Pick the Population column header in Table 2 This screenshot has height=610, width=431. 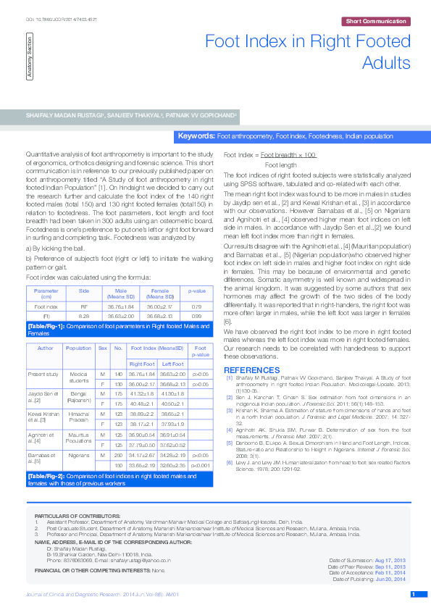(78, 348)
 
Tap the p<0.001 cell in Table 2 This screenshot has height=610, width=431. (200, 464)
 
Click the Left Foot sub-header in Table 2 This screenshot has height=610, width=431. (172, 363)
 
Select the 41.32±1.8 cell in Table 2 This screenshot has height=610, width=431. (142, 392)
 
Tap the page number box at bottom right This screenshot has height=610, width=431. (414, 596)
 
